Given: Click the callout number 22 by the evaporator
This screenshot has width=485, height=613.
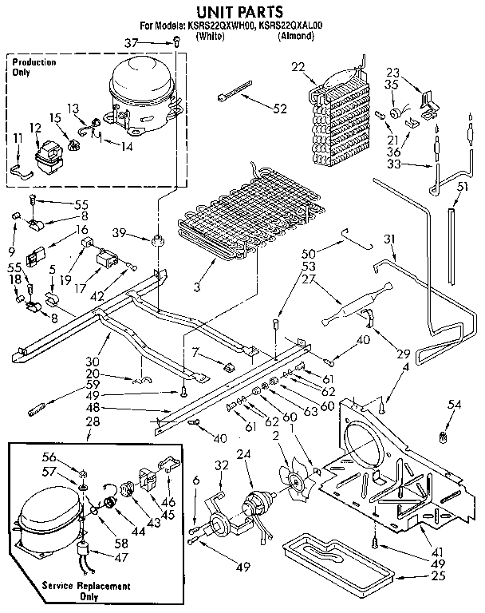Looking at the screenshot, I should click(x=298, y=66).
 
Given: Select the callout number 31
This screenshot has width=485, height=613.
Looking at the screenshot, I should click(x=390, y=239).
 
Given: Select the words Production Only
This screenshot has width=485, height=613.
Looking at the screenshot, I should click(x=34, y=67).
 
